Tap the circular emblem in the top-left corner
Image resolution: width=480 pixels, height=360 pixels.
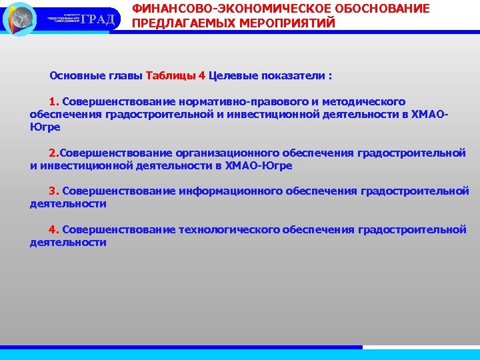pos(19,19)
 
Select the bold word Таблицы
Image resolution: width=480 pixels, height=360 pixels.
pos(171,75)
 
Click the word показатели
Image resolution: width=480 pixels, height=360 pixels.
pos(292,75)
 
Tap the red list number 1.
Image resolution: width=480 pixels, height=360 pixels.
pos(54,102)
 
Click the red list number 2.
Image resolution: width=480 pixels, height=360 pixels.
pos(54,153)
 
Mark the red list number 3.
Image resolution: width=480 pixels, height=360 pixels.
pos(54,191)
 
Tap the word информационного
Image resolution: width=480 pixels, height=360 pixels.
pos(231,191)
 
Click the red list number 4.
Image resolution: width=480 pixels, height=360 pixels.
pos(54,230)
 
